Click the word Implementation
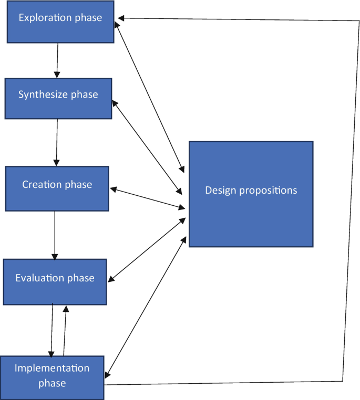pyautogui.click(x=52, y=368)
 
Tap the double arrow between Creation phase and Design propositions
pyautogui.click(x=148, y=197)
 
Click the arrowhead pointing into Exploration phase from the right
pyautogui.click(x=121, y=18)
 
